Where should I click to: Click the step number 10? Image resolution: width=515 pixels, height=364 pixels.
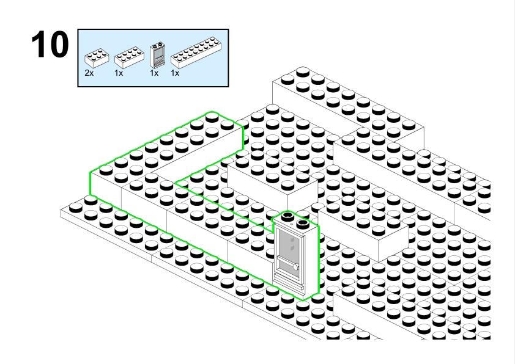(x=50, y=45)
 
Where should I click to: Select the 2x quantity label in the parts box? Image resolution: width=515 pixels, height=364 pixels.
(x=89, y=73)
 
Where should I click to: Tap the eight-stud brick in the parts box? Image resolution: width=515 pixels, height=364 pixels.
(x=129, y=57)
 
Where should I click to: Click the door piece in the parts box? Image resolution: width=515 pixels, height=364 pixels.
(x=157, y=55)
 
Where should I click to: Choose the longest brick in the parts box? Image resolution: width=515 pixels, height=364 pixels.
(x=196, y=53)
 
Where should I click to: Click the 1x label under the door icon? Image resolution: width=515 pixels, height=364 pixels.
(x=154, y=73)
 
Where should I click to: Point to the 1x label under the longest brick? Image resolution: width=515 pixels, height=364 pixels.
(x=175, y=73)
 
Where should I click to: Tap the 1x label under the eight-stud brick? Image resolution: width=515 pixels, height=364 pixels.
(x=119, y=73)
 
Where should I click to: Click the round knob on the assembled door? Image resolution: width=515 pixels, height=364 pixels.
(x=296, y=267)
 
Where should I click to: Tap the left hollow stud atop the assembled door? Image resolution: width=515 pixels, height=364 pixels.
(x=287, y=216)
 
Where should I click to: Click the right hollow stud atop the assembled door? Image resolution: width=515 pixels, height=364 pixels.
(x=302, y=224)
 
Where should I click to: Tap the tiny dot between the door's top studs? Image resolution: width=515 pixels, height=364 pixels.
(x=292, y=224)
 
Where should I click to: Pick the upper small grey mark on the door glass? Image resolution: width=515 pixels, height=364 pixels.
(x=292, y=241)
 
